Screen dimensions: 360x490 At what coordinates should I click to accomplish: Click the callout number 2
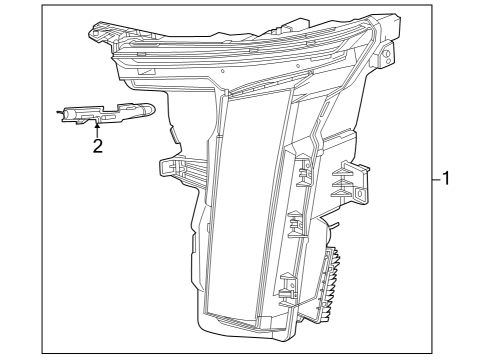pos(97,146)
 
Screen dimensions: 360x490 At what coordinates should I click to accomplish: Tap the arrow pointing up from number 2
pos(97,127)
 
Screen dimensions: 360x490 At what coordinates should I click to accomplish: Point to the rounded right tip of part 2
pos(152,109)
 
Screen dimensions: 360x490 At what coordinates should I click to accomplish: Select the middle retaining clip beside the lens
pos(293,224)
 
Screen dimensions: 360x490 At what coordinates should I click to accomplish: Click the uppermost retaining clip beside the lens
pos(300,170)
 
